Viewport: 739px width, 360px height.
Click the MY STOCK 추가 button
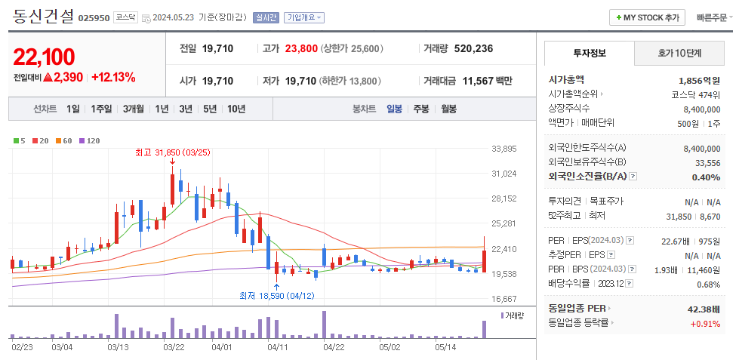[648, 17]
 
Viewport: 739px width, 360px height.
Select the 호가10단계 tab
[679, 54]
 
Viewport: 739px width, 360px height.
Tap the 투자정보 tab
[589, 54]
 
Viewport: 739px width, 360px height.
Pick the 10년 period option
[236, 109]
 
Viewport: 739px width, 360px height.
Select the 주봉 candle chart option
[420, 109]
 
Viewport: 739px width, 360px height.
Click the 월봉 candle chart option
[448, 109]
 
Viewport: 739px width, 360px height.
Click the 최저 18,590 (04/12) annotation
[276, 295]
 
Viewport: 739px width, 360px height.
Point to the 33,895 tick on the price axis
[503, 149]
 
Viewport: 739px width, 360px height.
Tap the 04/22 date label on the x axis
[334, 347]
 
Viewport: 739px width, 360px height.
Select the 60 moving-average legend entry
[67, 140]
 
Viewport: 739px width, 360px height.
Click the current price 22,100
[44, 57]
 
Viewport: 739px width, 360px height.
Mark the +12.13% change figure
[113, 77]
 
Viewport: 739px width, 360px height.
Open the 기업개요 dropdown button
[304, 17]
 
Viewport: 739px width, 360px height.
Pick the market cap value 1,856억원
[699, 80]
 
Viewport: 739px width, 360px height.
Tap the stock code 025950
[94, 17]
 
